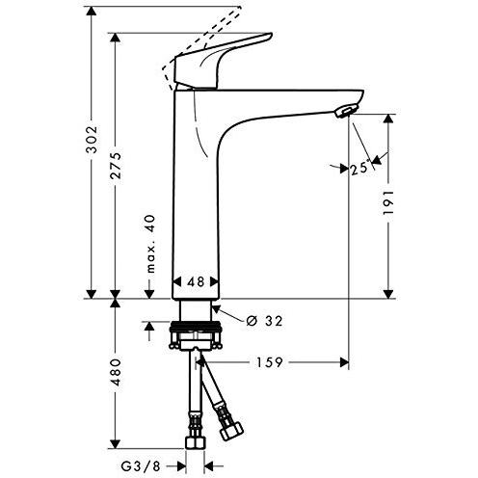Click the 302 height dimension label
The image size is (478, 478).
(92, 139)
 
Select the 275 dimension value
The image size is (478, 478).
(116, 166)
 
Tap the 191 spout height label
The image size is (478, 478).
(389, 202)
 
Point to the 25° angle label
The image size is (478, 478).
(359, 169)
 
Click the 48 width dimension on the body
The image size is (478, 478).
(196, 282)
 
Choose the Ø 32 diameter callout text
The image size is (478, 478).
(264, 321)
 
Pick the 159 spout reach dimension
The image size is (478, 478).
(269, 362)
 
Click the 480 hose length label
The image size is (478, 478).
(116, 372)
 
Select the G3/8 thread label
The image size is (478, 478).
(141, 465)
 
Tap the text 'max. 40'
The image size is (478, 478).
(150, 244)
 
